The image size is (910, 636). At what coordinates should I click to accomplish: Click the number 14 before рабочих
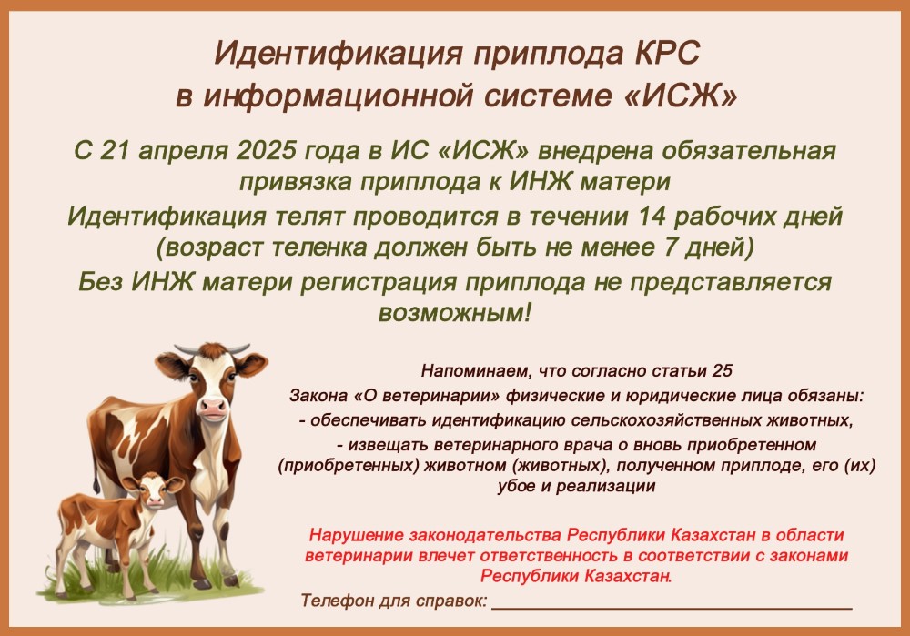click(652, 217)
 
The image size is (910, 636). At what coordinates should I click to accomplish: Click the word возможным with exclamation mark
click(455, 314)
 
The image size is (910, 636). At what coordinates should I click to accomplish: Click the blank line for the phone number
click(672, 608)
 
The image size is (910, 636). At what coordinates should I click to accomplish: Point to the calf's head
click(153, 491)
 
